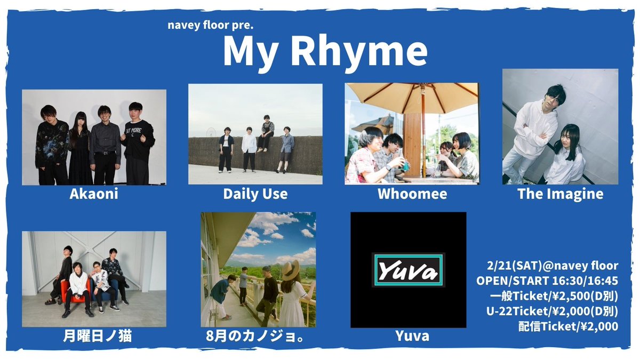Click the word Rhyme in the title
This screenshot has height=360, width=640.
pyautogui.click(x=366, y=52)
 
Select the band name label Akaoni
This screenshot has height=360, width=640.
pyautogui.click(x=94, y=194)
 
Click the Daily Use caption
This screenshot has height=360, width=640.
pyautogui.click(x=255, y=194)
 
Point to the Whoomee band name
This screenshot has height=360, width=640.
pyautogui.click(x=412, y=194)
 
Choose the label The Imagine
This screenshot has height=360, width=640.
pyautogui.click(x=560, y=194)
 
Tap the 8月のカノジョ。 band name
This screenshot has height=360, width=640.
pyautogui.click(x=258, y=337)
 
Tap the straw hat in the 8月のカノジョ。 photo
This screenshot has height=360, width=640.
pyautogui.click(x=293, y=269)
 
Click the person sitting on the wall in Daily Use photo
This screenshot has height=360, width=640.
pyautogui.click(x=266, y=133)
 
